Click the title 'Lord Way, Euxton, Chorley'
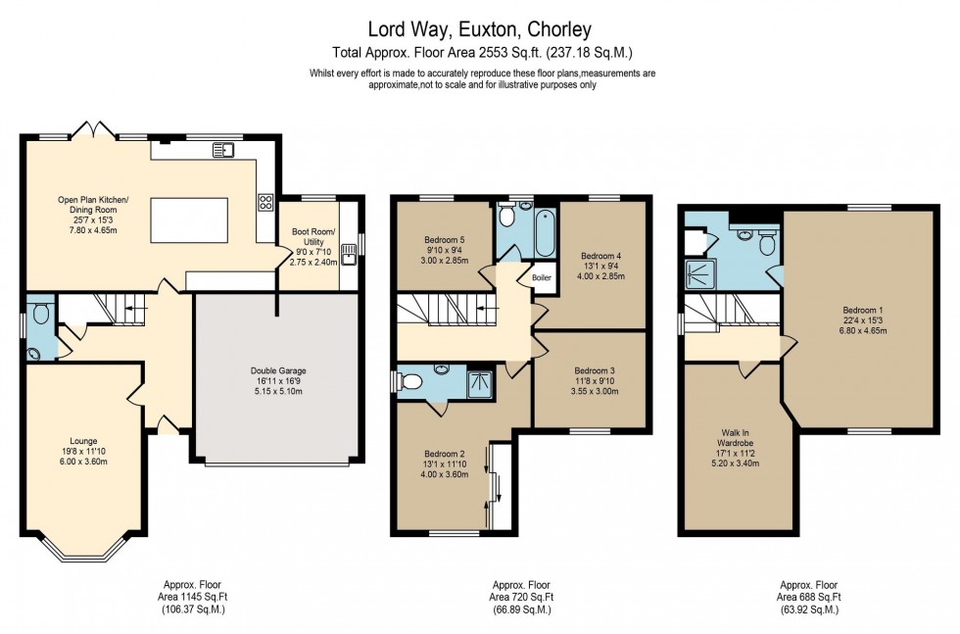tap(480, 29)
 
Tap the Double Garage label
tap(278, 371)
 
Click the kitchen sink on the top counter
tap(225, 150)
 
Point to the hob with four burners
tap(264, 203)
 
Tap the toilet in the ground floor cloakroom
tap(39, 315)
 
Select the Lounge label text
tap(83, 441)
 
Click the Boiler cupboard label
tap(542, 277)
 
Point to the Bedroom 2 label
tap(445, 454)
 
